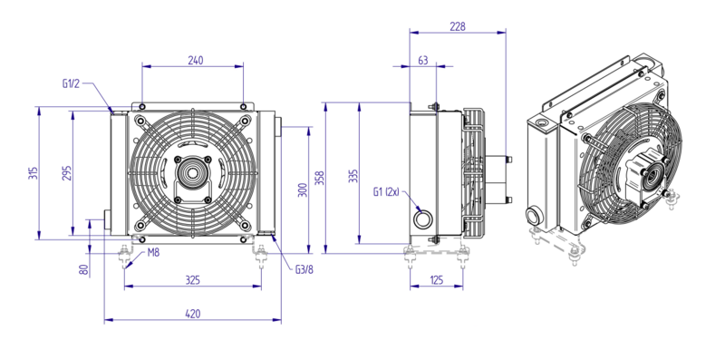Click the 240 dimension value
point(195,60)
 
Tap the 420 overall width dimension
point(193,314)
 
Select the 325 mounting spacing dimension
point(193,280)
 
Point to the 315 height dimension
point(33,173)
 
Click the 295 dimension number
point(66,172)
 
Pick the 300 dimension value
point(303,190)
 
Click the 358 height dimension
point(320,178)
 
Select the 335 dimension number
point(353,176)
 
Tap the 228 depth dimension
point(458,26)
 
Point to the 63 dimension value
point(422,60)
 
